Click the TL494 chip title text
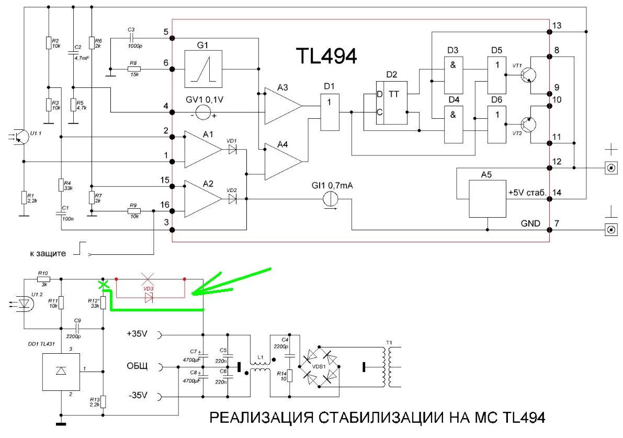click(326, 55)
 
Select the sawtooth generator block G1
click(204, 69)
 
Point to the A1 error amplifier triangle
click(203, 149)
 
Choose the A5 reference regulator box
click(488, 195)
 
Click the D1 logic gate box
click(330, 112)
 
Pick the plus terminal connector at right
click(610, 168)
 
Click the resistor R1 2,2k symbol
click(24, 198)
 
